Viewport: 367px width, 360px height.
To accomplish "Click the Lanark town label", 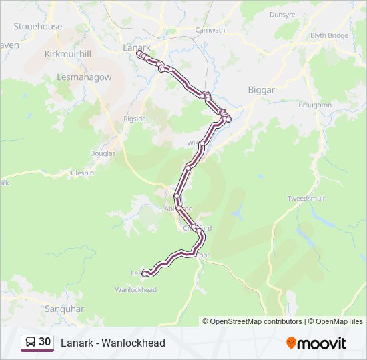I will click(x=137, y=47).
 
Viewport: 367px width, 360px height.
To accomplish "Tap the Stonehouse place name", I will click(x=38, y=27).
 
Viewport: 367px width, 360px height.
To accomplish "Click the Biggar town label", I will click(x=261, y=89).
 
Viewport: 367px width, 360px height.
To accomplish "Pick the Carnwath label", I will click(x=210, y=31).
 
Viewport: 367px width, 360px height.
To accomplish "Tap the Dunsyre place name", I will click(x=282, y=14).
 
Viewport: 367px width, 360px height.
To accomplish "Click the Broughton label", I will click(x=315, y=105).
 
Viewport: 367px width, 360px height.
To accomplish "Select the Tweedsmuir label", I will click(x=306, y=199).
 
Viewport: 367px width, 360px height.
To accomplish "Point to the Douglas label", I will click(x=103, y=153).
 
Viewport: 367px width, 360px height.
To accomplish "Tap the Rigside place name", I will click(x=134, y=119).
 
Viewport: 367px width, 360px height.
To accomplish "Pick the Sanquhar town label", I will click(x=63, y=309).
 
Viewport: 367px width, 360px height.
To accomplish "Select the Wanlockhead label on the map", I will click(x=136, y=290).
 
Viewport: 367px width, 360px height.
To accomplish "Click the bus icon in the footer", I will click(x=30, y=343).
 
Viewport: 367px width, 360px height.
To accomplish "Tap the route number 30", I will click(x=45, y=342).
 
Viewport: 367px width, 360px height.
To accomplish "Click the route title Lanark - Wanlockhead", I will click(x=113, y=343).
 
